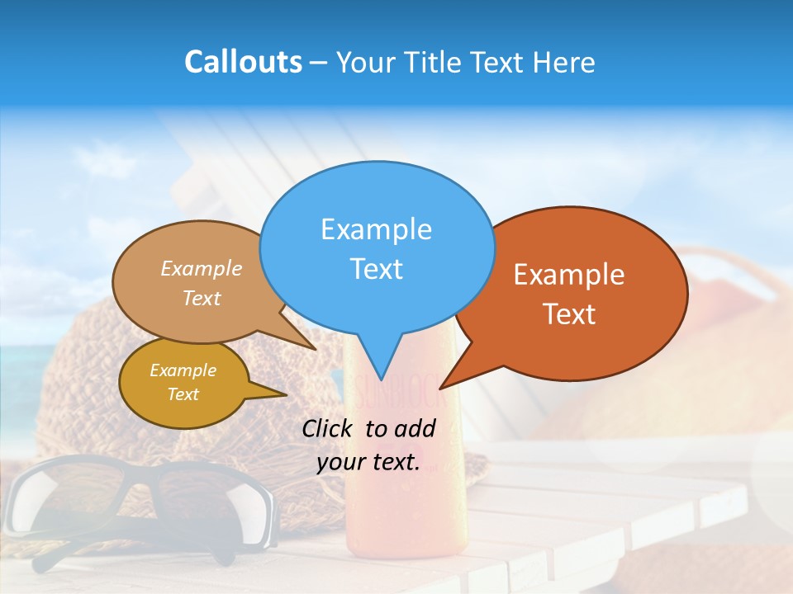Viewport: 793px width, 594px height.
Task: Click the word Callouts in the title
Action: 243,62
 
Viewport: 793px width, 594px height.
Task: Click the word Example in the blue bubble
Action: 376,229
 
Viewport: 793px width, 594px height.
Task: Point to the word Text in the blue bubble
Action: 376,268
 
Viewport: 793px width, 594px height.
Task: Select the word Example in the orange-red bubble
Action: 569,274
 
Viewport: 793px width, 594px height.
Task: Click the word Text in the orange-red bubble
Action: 569,313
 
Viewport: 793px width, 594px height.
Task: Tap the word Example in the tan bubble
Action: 201,268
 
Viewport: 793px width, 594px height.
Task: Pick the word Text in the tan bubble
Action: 201,298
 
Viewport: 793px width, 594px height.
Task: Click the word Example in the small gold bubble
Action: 183,370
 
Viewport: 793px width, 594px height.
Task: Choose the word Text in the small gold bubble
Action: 183,394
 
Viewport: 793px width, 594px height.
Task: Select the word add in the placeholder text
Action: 414,428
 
